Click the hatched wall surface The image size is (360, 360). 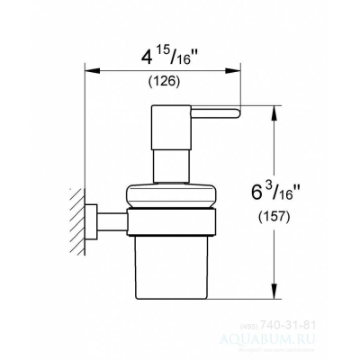click(79, 220)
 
